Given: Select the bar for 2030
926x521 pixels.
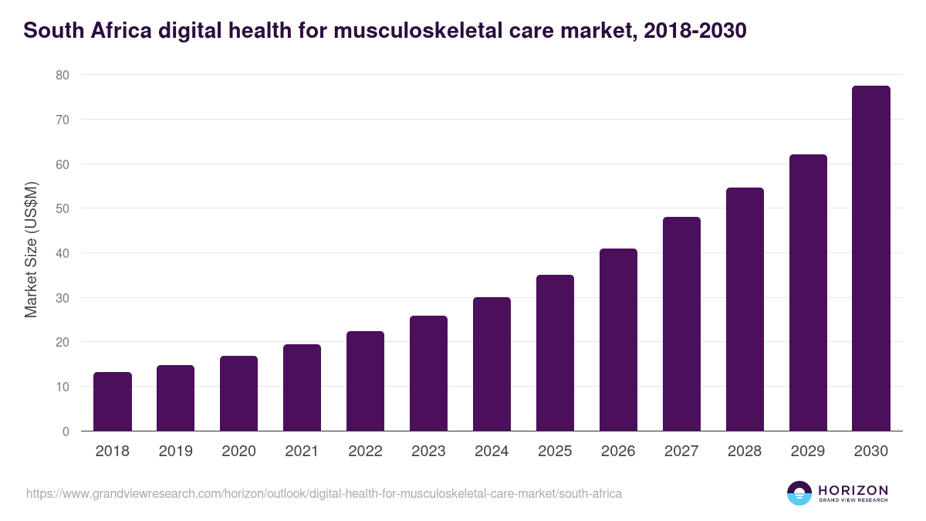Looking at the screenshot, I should pos(870,259).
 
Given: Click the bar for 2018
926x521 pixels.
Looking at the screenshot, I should pos(113,401).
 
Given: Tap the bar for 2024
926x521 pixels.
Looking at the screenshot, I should pos(492,364).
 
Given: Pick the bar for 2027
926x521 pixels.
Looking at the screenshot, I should pos(681,324).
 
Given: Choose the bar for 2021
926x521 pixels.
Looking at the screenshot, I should pos(302,387).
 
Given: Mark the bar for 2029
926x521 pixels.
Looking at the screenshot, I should pos(808,293).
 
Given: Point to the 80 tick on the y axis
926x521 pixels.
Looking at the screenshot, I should pos(62,75).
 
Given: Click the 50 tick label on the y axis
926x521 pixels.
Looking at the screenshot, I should pos(62,208).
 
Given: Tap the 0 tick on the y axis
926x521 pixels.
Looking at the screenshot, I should pos(66,431).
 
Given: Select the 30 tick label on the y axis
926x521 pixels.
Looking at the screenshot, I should pos(62,298).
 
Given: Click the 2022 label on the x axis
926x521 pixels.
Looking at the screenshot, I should pos(365,452).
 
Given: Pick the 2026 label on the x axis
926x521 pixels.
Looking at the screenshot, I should pos(618,452).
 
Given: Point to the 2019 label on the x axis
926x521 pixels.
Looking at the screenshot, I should pos(176,452).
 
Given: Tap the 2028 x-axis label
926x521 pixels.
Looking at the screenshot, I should pos(745,452).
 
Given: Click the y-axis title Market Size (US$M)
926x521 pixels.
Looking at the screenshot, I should pos(31,249).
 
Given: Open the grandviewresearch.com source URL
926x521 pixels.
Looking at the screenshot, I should pos(324,493).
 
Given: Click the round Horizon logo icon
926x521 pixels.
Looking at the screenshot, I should pos(799,493).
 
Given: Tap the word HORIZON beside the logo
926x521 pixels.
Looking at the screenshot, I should pos(853,490).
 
